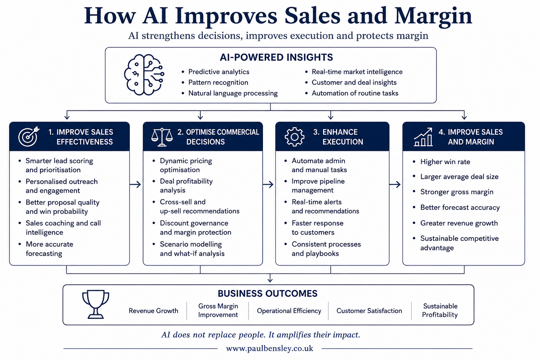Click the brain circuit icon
[x=144, y=75]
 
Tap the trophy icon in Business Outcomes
[x=96, y=304]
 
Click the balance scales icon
[x=162, y=137]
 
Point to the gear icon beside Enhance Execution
[x=294, y=137]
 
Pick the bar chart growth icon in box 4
[x=423, y=137]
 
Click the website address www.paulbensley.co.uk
[x=270, y=348]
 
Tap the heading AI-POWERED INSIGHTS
[x=276, y=57]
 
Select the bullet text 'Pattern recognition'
[x=218, y=83]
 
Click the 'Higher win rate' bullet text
[x=445, y=162]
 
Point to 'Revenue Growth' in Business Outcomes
[x=153, y=310]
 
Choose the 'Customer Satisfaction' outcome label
[x=369, y=310]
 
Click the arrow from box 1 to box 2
[x=135, y=185]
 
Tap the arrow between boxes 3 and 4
[x=395, y=185]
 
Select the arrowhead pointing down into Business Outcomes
[x=270, y=280]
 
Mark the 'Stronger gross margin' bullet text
[x=457, y=192]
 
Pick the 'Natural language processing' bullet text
[x=233, y=93]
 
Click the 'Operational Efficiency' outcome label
[x=289, y=310]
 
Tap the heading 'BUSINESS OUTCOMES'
[x=268, y=294]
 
